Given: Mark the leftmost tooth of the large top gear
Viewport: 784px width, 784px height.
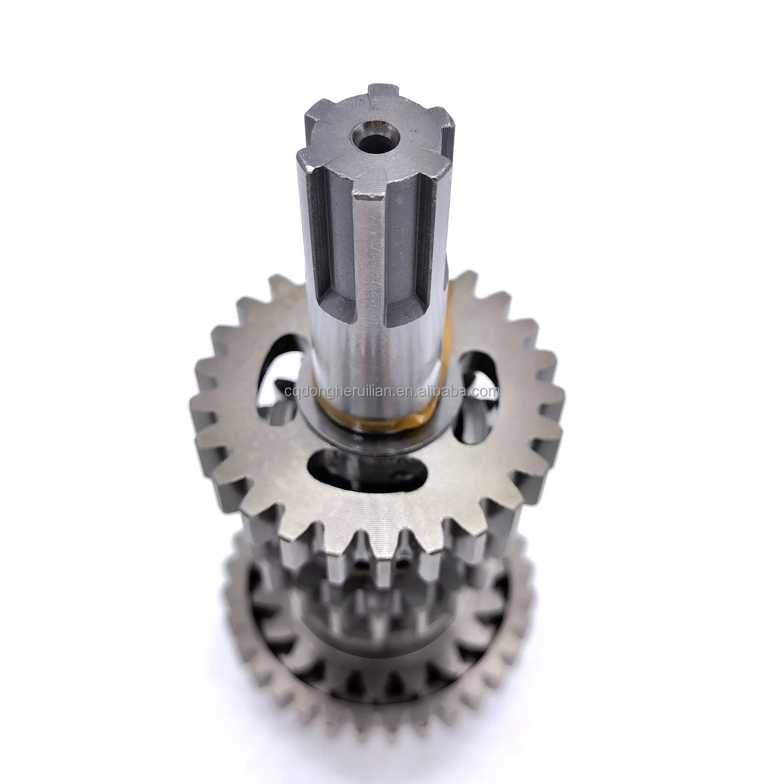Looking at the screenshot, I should (199, 423).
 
